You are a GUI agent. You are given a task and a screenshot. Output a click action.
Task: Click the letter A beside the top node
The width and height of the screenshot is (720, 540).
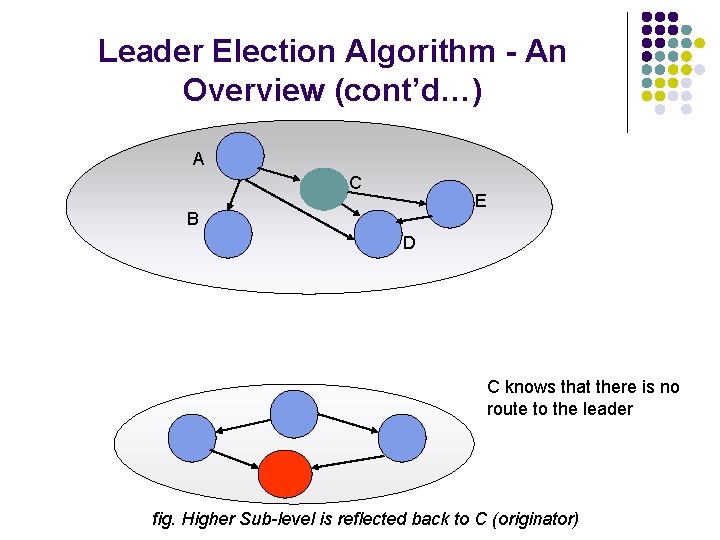point(199,159)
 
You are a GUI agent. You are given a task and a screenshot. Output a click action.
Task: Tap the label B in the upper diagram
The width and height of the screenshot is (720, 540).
point(192,218)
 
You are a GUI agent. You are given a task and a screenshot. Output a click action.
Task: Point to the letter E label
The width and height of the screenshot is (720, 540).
point(480,202)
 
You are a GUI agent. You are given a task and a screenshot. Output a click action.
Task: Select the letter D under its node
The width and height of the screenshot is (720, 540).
point(409,243)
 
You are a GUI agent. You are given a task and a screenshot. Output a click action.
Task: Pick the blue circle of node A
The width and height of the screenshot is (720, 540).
point(240,156)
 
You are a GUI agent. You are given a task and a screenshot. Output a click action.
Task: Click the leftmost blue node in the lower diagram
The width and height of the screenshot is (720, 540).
point(192,437)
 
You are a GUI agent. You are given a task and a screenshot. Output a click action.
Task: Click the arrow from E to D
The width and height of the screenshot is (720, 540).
point(410,218)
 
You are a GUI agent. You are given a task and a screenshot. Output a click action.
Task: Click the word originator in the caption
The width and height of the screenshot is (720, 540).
point(536,519)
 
